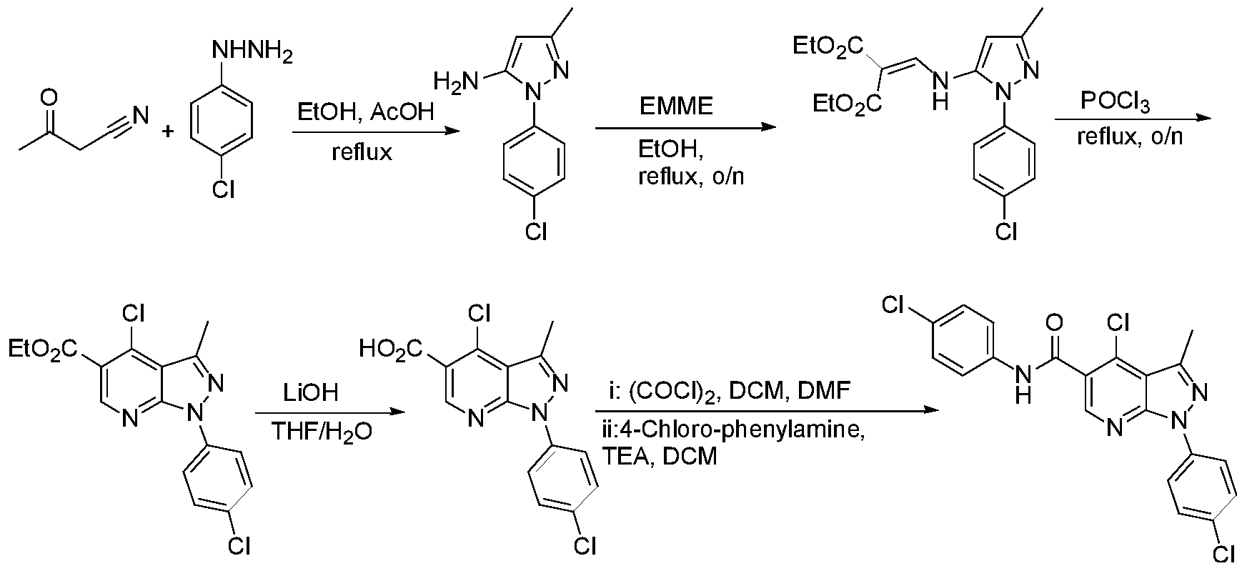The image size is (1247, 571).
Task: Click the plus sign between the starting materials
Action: click(169, 132)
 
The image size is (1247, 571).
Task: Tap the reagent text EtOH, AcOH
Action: click(365, 112)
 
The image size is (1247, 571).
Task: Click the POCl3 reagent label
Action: click(1116, 103)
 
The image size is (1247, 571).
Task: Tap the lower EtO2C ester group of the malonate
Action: click(848, 106)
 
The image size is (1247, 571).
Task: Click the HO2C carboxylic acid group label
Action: click(391, 349)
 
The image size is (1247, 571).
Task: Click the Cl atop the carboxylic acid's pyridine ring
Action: click(478, 314)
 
